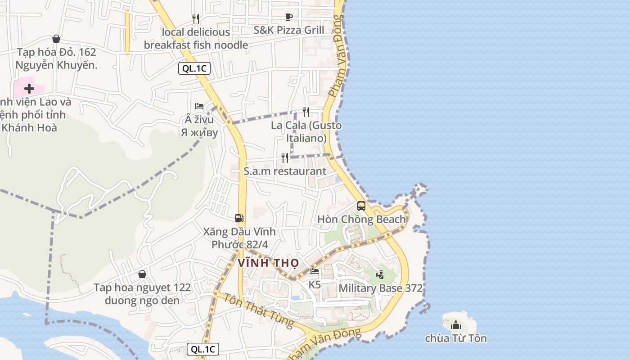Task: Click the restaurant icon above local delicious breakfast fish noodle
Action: pos(196,18)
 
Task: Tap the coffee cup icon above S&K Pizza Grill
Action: pos(289,17)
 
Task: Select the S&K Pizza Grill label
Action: pos(288,30)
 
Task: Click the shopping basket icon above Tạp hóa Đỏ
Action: pos(56,39)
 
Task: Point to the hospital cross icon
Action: pos(29,88)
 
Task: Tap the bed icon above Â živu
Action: pos(199,106)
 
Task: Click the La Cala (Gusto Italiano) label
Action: pos(306,131)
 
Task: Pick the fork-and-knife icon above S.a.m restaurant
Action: pos(285,157)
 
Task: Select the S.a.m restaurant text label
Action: pos(285,171)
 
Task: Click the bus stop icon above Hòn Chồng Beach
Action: pos(361,206)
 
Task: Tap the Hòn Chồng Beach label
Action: pos(361,219)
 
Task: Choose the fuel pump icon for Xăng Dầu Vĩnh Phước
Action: pos(239,218)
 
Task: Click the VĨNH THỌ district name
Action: pos(268,263)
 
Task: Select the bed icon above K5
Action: pos(315,271)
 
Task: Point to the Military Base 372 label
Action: pos(380,288)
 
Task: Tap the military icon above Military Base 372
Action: pos(380,274)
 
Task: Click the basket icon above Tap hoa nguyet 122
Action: pos(142,274)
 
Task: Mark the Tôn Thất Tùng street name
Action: pos(258,310)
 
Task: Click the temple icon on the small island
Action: pos(456,324)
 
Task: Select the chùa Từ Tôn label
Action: pos(456,338)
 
